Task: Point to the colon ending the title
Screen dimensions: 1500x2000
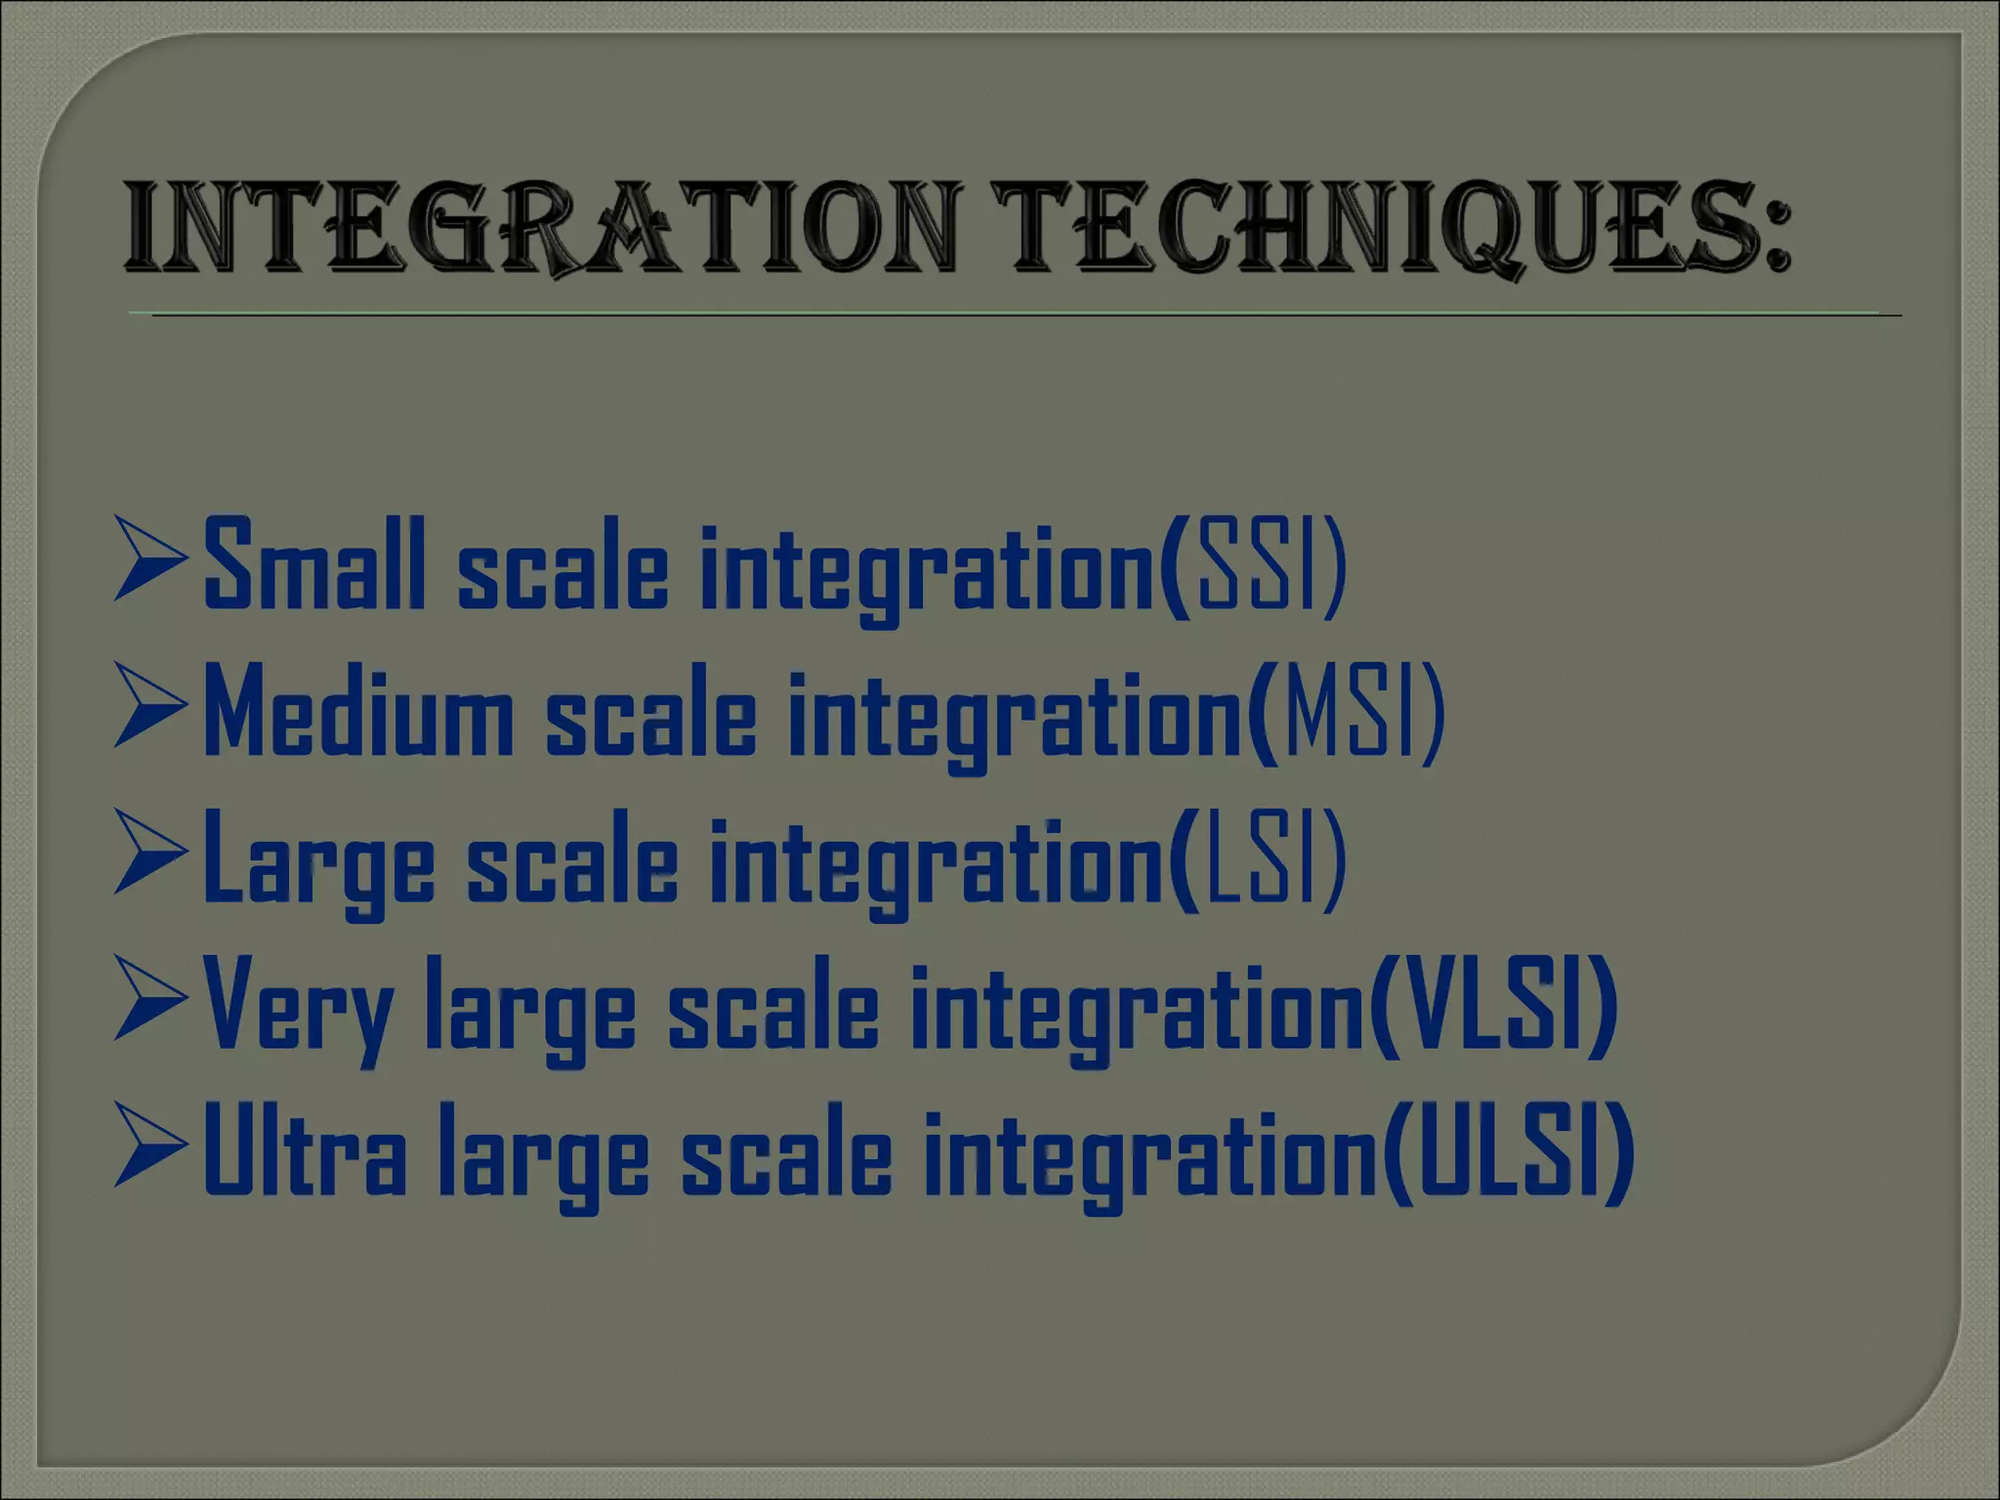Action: [1779, 239]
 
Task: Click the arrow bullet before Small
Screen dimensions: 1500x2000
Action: [149, 559]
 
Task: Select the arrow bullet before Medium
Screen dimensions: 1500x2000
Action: [149, 705]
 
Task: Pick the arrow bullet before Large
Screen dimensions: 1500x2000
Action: [149, 852]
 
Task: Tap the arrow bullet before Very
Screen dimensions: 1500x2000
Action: [149, 998]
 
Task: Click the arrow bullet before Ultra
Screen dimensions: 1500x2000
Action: [149, 1145]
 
